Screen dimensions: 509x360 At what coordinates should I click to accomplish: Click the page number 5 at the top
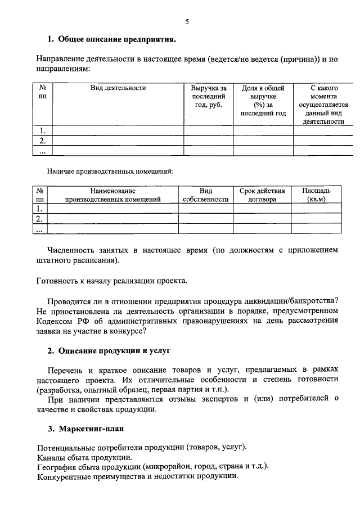[187, 22]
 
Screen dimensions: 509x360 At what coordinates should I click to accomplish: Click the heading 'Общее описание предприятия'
[116, 39]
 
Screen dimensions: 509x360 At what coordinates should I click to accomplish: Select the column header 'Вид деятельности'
[118, 88]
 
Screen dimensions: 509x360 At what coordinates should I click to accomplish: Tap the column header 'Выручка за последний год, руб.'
[208, 96]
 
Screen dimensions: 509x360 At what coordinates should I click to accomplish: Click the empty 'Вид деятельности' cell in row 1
[118, 130]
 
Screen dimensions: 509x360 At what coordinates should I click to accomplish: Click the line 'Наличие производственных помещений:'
[110, 170]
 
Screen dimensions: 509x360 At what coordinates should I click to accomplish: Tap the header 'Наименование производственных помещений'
[113, 195]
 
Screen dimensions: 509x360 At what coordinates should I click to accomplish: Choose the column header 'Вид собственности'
[205, 195]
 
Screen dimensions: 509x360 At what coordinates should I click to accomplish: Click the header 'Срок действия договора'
[262, 195]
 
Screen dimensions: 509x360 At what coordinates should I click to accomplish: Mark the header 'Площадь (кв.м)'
[316, 195]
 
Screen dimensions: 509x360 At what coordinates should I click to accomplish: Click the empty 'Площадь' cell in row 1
[316, 209]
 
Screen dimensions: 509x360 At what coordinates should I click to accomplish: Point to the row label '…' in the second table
[39, 229]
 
